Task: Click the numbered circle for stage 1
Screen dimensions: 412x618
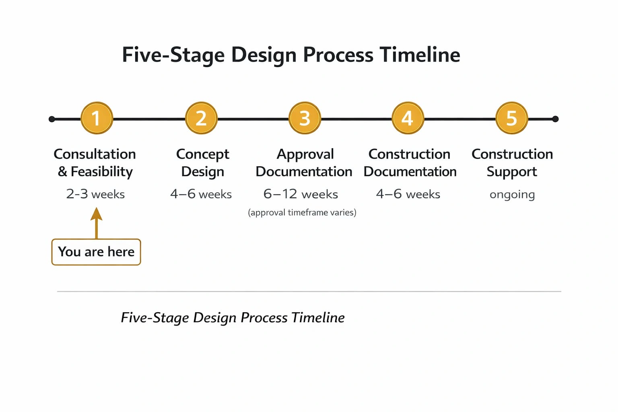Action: [97, 118]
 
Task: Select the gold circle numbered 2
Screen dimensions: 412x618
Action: [201, 118]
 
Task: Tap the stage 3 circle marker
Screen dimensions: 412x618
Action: [305, 118]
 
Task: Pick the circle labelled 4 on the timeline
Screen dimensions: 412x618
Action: [408, 118]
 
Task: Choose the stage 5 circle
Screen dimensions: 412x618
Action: [511, 118]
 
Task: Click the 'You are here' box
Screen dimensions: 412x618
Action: [96, 252]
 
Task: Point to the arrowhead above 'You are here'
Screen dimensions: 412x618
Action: [96, 214]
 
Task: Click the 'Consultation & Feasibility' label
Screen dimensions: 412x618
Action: [95, 163]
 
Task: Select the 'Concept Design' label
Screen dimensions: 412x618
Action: [202, 163]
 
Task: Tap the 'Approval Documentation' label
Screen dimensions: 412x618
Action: [304, 163]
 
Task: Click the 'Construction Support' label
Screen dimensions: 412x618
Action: [512, 163]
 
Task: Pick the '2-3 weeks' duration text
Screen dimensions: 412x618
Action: [95, 194]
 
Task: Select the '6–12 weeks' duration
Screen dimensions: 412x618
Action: [301, 194]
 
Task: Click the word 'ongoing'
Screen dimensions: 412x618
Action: [512, 195]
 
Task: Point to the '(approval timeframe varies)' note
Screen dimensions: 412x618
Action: [302, 212]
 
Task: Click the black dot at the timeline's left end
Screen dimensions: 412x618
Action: [52, 119]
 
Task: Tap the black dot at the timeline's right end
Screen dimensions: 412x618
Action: [555, 119]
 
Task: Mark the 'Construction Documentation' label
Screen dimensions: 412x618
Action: [410, 163]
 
